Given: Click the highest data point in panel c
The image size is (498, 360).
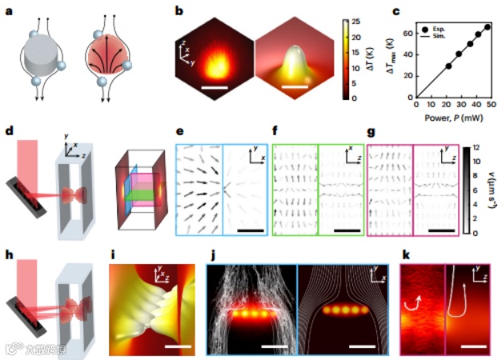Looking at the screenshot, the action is coord(488,27).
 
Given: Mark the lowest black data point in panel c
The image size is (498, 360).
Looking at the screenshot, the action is coord(448,66).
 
